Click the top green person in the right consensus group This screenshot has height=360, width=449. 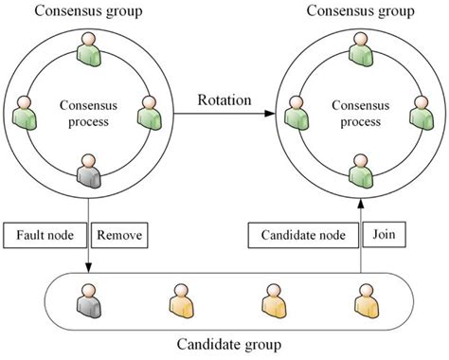(359, 48)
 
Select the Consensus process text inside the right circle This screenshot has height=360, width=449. (358, 113)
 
